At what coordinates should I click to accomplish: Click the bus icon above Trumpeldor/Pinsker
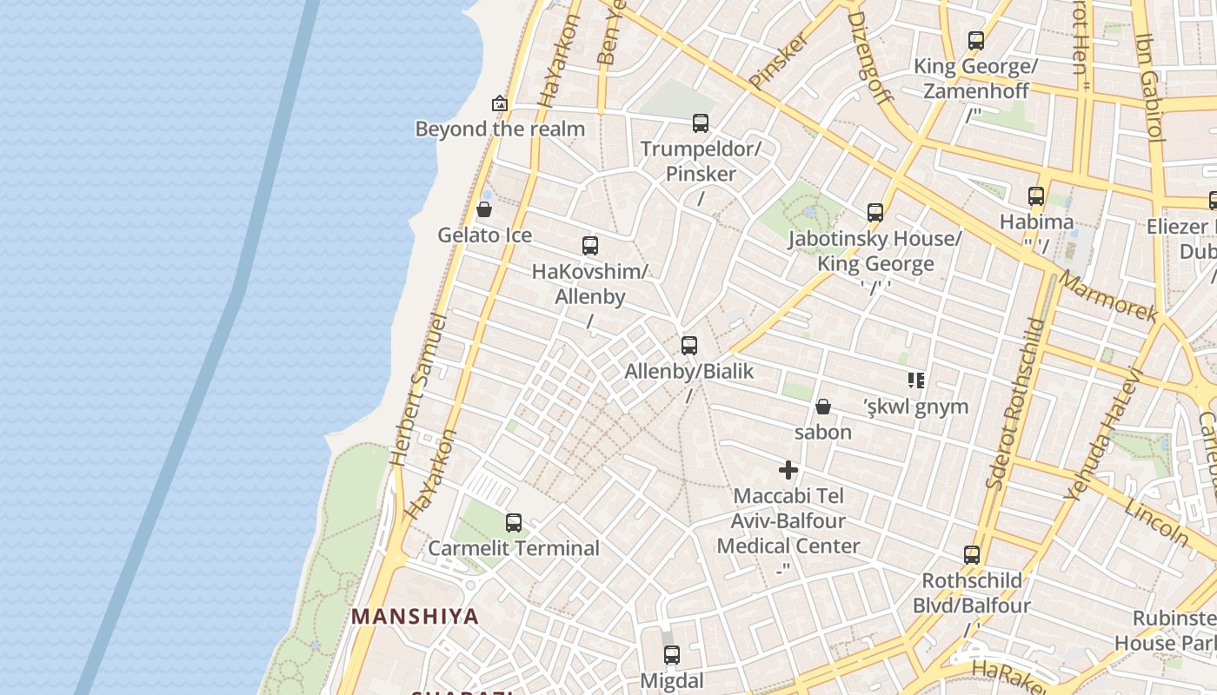tap(701, 123)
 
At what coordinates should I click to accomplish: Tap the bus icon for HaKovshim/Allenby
tap(590, 246)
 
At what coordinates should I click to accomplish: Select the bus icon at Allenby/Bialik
tap(689, 346)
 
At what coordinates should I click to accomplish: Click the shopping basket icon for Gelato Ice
tap(484, 209)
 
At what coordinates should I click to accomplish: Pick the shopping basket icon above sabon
tap(823, 407)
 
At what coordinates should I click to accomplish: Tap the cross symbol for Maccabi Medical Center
tap(788, 471)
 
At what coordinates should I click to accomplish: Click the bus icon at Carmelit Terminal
tap(514, 523)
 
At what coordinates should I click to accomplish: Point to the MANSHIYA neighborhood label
tap(415, 617)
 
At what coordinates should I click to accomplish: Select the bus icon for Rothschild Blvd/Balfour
tap(972, 555)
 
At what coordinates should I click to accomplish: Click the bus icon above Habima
tap(1036, 196)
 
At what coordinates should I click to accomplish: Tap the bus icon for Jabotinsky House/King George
tap(875, 213)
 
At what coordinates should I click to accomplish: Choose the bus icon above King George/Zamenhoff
tap(976, 41)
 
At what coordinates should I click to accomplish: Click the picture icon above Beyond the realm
tap(500, 104)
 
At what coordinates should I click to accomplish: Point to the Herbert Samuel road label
tap(418, 391)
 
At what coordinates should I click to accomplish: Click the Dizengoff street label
tap(870, 56)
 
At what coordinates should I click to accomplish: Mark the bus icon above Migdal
tap(671, 655)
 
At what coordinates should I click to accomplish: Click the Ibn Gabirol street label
tap(1149, 87)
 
